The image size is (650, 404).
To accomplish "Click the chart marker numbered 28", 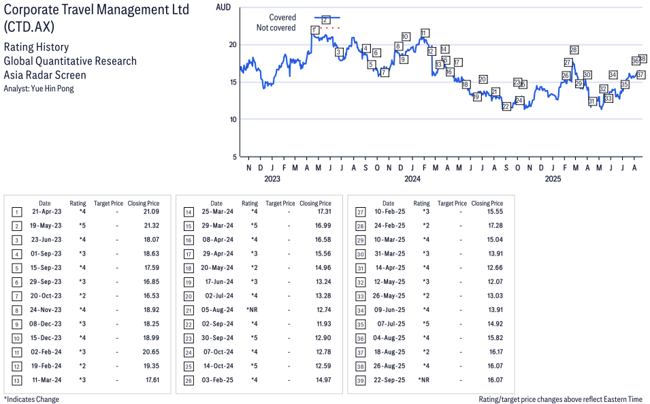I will click(574, 50).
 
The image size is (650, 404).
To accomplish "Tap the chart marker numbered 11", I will click(424, 33).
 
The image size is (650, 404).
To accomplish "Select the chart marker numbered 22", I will click(506, 107).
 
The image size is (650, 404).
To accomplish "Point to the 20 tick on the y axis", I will click(232, 45).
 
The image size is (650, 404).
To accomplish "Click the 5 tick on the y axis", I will click(233, 157).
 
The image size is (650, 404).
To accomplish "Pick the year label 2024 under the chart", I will click(412, 179).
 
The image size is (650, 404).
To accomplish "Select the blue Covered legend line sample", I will click(326, 17).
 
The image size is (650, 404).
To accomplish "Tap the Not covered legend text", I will click(276, 28).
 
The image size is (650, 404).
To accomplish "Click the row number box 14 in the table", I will click(188, 213).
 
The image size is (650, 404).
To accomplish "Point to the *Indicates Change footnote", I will click(31, 399).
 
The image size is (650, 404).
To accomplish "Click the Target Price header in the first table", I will click(108, 203).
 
